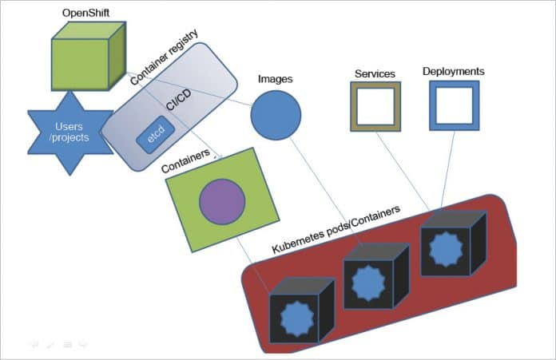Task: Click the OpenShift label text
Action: click(x=85, y=14)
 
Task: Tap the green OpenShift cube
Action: click(x=84, y=59)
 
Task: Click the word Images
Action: click(x=275, y=80)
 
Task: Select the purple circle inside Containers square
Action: click(x=221, y=202)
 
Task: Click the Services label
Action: click(x=375, y=74)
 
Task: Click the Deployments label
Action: click(x=453, y=72)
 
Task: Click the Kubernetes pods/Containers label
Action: click(x=336, y=230)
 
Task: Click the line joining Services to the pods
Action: click(x=403, y=168)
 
